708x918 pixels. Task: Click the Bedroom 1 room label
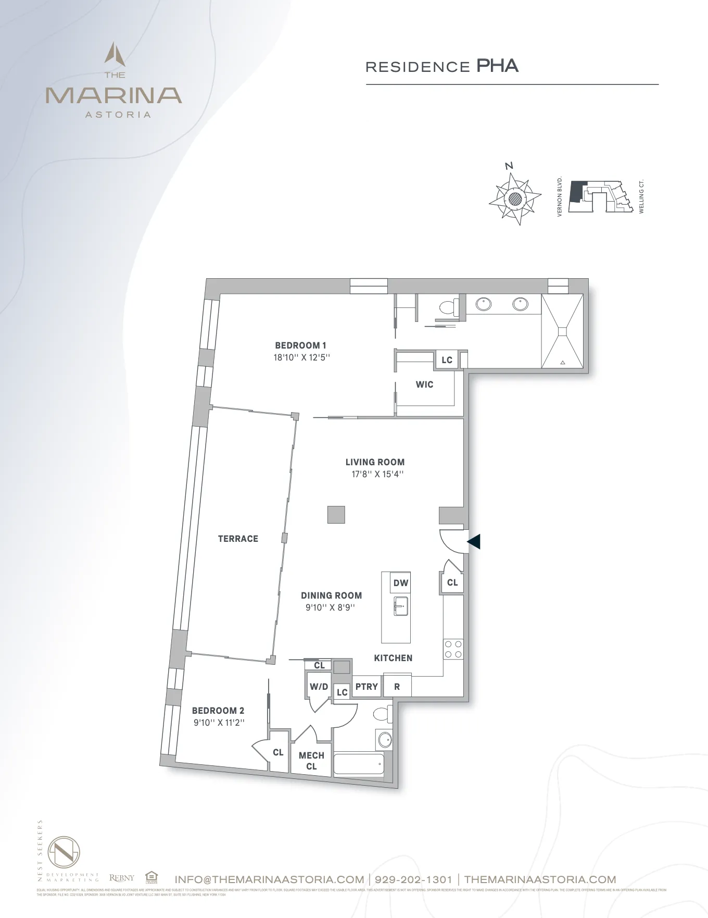[300, 345]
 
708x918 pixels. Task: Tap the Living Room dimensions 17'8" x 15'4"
[375, 474]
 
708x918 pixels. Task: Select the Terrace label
[238, 539]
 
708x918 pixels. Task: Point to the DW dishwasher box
[400, 583]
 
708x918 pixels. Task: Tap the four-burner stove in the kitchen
[452, 649]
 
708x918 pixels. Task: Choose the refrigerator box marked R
[397, 687]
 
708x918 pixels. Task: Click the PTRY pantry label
[366, 687]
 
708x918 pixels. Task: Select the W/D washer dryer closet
[319, 687]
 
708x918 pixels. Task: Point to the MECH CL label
[311, 761]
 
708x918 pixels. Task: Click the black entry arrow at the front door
[474, 542]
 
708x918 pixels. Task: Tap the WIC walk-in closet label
[424, 384]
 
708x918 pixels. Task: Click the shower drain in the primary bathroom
[562, 331]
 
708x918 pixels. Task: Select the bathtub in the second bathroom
[358, 764]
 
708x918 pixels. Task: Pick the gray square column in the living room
[336, 515]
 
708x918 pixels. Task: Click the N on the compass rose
[509, 166]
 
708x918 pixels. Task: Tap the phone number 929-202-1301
[413, 879]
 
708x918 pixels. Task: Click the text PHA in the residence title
[497, 66]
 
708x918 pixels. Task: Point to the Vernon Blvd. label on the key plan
[560, 196]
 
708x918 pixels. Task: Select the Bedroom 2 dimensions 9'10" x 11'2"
[218, 723]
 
